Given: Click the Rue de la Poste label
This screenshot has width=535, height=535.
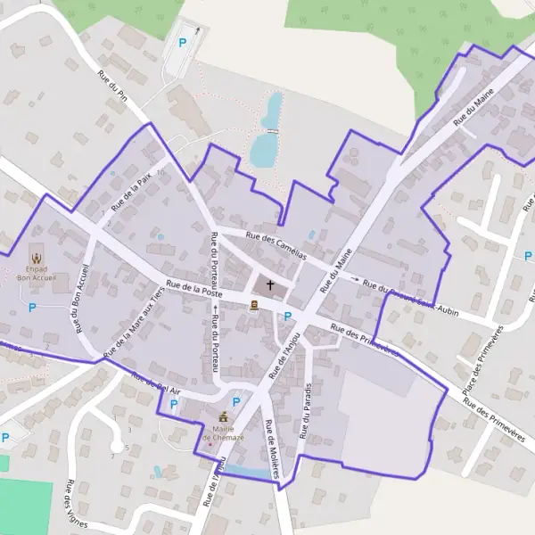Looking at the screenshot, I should pyautogui.click(x=193, y=287).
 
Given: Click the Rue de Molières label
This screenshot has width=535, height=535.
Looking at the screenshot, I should pyautogui.click(x=272, y=450).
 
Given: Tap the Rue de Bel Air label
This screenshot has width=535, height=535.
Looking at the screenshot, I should pyautogui.click(x=156, y=383).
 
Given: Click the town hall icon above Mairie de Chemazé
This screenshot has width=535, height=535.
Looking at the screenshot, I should pyautogui.click(x=223, y=416).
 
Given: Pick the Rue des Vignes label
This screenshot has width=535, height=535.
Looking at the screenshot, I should pyautogui.click(x=70, y=506).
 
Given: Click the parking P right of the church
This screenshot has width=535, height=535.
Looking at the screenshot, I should pyautogui.click(x=288, y=316).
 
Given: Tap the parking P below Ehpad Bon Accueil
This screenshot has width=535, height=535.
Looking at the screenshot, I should pyautogui.click(x=33, y=308).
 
